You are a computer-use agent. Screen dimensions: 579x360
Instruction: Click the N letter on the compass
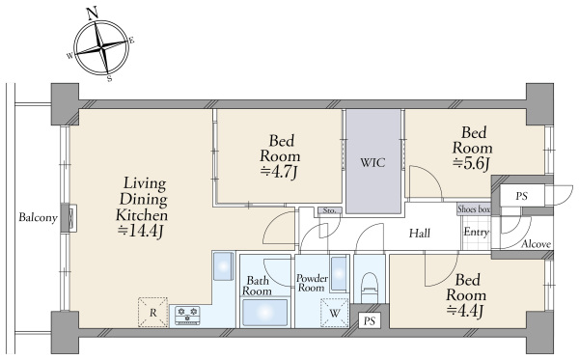pyautogui.click(x=93, y=14)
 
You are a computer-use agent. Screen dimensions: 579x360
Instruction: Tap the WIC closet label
pyautogui.click(x=372, y=162)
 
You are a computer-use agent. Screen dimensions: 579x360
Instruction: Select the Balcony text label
pyautogui.click(x=38, y=217)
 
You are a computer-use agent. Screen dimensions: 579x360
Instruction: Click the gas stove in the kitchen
pyautogui.click(x=187, y=316)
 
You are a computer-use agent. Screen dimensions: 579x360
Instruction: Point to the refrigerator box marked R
pyautogui.click(x=152, y=313)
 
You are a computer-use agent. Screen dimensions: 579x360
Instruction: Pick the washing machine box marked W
pyautogui.click(x=335, y=313)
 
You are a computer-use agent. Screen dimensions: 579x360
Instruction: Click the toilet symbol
pyautogui.click(x=370, y=288)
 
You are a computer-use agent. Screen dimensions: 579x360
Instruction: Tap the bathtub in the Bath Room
pyautogui.click(x=264, y=313)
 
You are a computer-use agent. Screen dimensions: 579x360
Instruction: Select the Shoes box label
pyautogui.click(x=474, y=209)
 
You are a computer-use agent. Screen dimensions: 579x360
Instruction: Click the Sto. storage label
pyautogui.click(x=329, y=210)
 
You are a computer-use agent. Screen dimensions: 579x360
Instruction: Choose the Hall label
pyautogui.click(x=420, y=233)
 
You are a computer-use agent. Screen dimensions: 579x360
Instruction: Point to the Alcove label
pyautogui.click(x=537, y=244)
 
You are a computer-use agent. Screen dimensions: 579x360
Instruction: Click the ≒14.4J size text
pyautogui.click(x=140, y=232)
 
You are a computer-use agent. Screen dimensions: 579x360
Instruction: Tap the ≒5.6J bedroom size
pyautogui.click(x=471, y=163)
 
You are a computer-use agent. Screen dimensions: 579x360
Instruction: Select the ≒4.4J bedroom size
pyautogui.click(x=465, y=311)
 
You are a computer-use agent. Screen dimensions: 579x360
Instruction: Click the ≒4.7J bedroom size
pyautogui.click(x=279, y=172)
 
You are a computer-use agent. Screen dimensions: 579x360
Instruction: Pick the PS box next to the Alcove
pyautogui.click(x=521, y=196)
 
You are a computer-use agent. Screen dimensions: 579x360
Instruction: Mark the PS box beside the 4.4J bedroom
pyautogui.click(x=370, y=320)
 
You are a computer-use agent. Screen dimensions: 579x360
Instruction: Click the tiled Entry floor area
pyautogui.click(x=476, y=233)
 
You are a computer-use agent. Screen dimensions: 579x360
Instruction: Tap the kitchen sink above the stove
pyautogui.click(x=224, y=265)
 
